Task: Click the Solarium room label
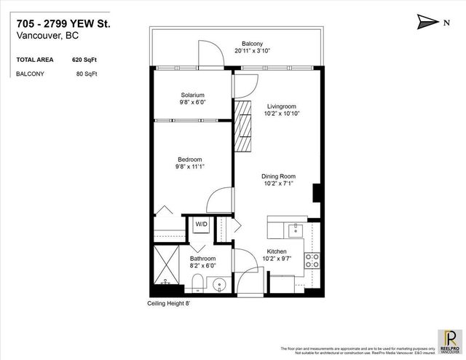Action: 192,95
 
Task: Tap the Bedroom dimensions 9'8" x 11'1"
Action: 189,167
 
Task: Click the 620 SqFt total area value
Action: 86,59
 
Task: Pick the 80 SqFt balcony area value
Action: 85,74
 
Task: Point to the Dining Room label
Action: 278,176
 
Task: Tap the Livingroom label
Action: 280,106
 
